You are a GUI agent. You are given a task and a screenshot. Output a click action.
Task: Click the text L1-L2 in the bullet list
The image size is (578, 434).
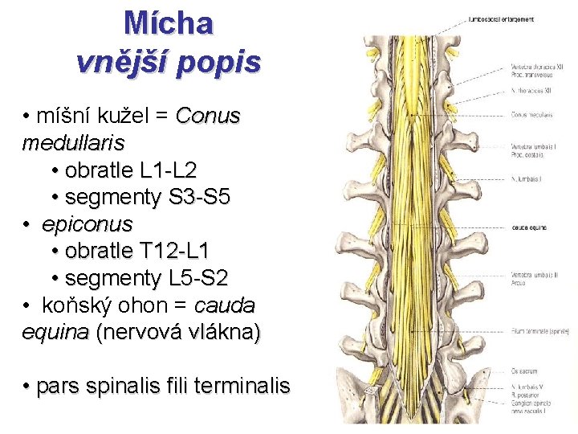click(168, 170)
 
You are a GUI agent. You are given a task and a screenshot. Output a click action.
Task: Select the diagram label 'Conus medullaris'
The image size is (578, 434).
click(531, 115)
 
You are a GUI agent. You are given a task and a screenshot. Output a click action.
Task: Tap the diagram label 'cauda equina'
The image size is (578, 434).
click(529, 227)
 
